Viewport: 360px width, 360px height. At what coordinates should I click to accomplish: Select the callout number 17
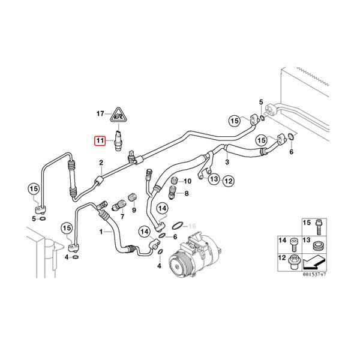tap(101, 113)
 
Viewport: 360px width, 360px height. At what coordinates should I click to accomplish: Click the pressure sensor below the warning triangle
tap(120, 139)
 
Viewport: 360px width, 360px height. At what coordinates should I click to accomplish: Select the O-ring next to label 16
tap(178, 226)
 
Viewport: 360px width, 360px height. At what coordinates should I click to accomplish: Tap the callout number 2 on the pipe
tap(101, 163)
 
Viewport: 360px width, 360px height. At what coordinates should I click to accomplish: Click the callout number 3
tap(227, 162)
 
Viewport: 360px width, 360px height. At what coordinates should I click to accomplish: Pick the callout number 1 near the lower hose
tap(101, 231)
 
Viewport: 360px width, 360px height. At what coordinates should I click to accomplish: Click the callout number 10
tap(187, 181)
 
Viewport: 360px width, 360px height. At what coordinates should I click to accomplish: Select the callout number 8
tap(187, 193)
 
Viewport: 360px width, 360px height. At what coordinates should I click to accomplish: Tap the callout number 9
tap(134, 210)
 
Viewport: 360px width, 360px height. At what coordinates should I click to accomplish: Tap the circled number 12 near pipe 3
tap(228, 181)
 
